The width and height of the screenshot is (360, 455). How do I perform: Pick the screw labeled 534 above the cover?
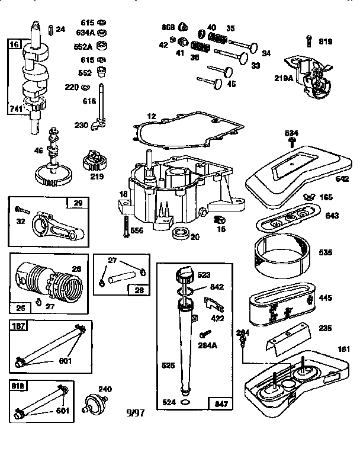[292, 142]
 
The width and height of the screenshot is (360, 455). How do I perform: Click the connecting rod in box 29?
[56, 225]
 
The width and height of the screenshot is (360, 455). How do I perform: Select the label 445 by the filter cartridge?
[325, 298]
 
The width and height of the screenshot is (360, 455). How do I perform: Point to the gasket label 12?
[152, 117]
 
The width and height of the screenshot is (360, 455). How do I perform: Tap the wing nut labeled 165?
[309, 196]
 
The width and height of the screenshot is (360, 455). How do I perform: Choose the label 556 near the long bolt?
[136, 230]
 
